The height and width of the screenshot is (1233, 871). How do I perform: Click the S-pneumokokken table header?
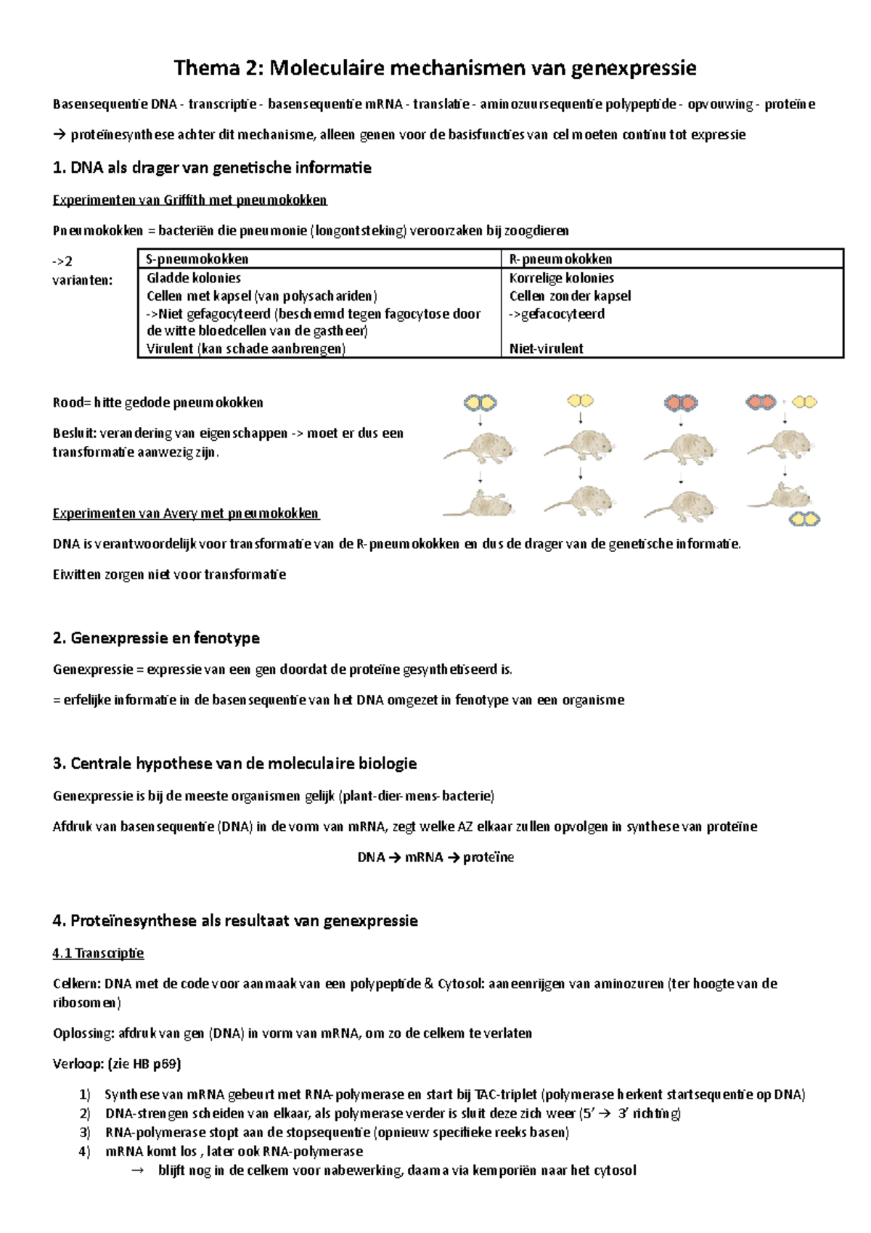pos(197,259)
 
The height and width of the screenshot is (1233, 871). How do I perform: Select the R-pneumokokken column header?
pos(560,259)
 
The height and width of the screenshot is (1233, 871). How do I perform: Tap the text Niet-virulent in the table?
pos(546,349)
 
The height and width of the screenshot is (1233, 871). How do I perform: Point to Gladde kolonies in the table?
pos(193,278)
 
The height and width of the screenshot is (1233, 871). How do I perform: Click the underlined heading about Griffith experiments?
pos(189,200)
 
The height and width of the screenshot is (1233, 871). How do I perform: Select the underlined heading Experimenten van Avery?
pos(186,513)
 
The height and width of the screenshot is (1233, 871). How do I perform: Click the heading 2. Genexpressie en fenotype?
pos(156,638)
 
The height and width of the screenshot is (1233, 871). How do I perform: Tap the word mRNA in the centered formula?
pos(424,858)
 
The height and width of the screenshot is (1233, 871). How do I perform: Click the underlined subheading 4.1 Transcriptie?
pos(98,953)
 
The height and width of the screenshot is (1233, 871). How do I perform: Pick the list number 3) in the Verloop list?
pos(85,1133)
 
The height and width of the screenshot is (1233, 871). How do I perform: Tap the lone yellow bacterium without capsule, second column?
pos(580,401)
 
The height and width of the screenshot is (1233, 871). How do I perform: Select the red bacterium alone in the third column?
pos(681,402)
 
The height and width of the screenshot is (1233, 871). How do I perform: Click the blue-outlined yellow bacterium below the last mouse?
pos(804,518)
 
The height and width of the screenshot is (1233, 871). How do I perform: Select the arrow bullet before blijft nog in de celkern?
pos(136,1171)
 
